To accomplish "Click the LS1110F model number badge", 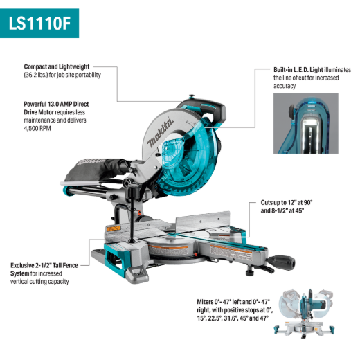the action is coord(39,24).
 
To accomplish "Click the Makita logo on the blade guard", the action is coord(160,133).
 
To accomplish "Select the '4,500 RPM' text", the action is coord(37,128).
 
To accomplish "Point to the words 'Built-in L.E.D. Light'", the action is coord(298,70).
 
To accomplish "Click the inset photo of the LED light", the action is coord(306,123).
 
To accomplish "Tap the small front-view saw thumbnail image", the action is coord(304,313).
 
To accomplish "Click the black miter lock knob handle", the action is coord(282,262).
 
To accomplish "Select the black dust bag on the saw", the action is coord(97,169).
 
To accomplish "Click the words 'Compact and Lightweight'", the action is coord(57,66).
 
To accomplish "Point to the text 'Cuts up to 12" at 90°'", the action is coord(287,203).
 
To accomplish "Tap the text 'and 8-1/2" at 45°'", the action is coord(282,210).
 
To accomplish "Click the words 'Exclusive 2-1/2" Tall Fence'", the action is coord(44,265).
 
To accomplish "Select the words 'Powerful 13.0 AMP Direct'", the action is coord(56,104).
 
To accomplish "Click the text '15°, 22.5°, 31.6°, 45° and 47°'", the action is coord(233,318).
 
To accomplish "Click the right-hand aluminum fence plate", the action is coord(203,221).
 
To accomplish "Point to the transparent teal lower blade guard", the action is coord(189,164).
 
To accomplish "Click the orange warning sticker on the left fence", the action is coord(114,228).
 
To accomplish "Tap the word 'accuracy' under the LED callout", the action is coord(285,86).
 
